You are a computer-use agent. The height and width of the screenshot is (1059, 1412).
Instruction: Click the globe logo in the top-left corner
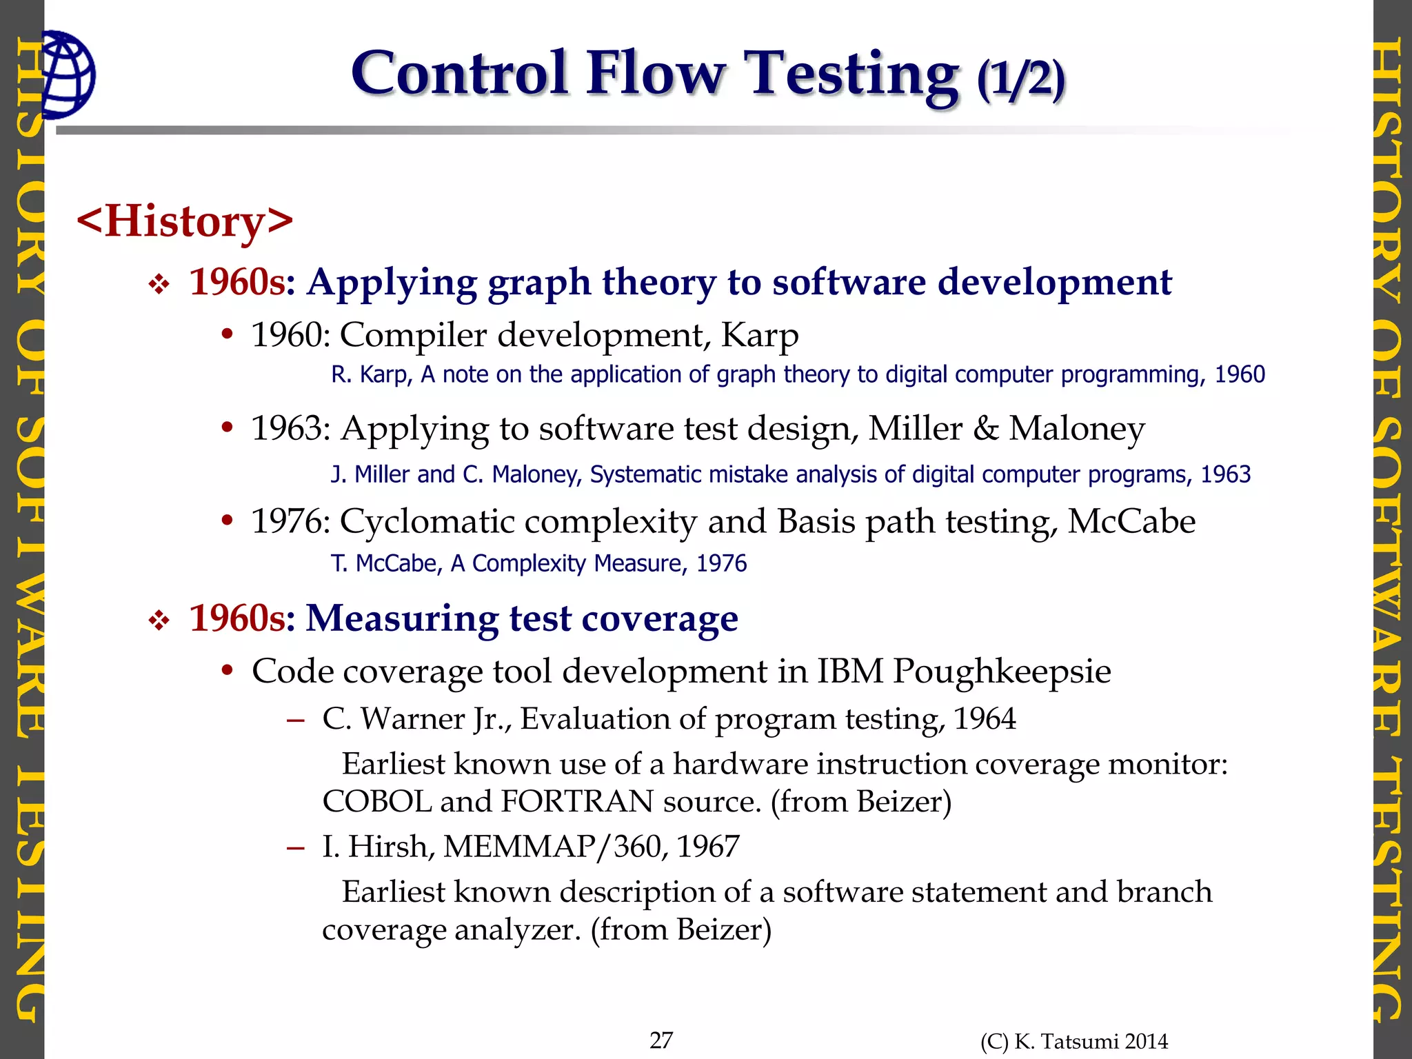pyautogui.click(x=68, y=74)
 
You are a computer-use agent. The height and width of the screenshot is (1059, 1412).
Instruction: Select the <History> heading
pyautogui.click(x=185, y=221)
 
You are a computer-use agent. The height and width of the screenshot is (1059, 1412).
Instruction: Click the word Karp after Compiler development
pyautogui.click(x=760, y=336)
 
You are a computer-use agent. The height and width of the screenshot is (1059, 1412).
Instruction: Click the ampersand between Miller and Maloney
pyautogui.click(x=985, y=429)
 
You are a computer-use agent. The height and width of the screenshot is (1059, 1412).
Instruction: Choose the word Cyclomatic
pyautogui.click(x=427, y=522)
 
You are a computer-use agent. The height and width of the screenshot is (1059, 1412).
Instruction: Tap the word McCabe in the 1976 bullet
pyautogui.click(x=1131, y=522)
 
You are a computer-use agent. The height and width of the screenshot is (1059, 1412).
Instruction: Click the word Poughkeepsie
pyautogui.click(x=1002, y=672)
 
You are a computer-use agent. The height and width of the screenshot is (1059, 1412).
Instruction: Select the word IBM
pyautogui.click(x=850, y=671)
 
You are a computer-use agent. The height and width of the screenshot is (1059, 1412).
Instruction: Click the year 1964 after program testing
pyautogui.click(x=985, y=719)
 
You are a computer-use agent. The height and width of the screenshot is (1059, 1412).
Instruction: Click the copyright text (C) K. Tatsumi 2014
pyautogui.click(x=1073, y=1042)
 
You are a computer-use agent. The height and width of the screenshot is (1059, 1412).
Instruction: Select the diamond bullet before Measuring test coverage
pyautogui.click(x=159, y=621)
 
